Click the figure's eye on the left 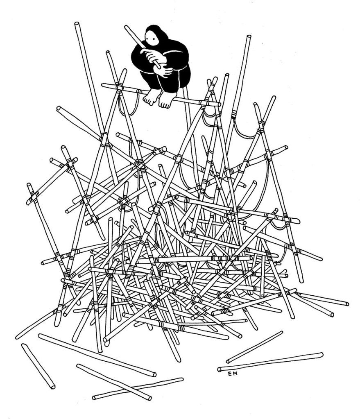tap(150, 39)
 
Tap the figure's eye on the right tap(156, 40)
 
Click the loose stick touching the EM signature tap(270, 361)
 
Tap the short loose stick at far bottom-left tap(38, 366)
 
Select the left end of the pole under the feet tap(103, 85)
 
